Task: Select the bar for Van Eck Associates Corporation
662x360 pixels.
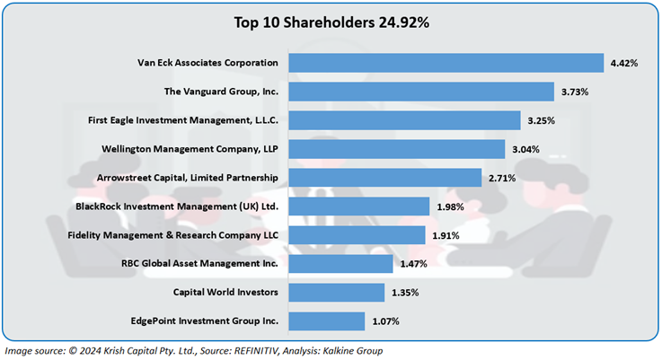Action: [446, 63]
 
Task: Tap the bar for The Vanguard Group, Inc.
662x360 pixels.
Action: [421, 92]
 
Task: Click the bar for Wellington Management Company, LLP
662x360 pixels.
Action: [397, 149]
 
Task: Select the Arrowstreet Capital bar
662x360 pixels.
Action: [385, 178]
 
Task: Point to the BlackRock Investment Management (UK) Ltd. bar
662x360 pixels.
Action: [359, 206]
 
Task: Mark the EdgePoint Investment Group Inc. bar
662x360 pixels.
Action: [327, 320]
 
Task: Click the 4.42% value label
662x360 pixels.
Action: [624, 63]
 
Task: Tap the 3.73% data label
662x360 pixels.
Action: [575, 92]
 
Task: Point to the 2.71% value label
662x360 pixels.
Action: [502, 178]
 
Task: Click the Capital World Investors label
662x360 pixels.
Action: [226, 293]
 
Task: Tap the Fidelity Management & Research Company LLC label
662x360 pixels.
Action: [173, 235]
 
